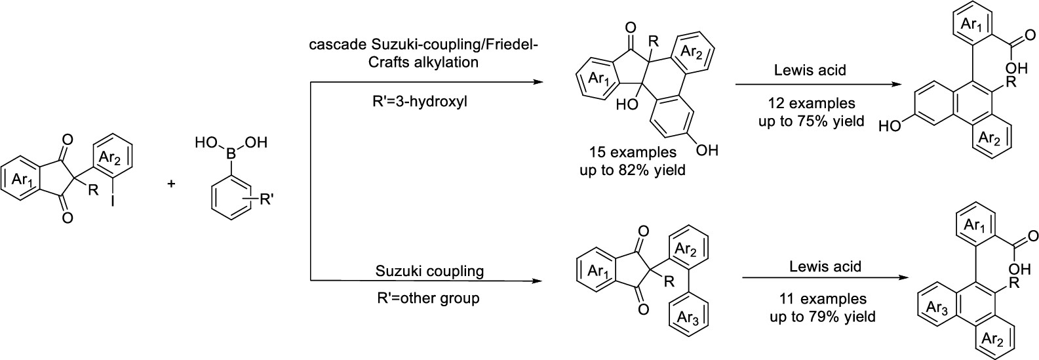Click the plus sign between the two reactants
[172, 185]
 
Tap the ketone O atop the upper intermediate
[631, 28]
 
